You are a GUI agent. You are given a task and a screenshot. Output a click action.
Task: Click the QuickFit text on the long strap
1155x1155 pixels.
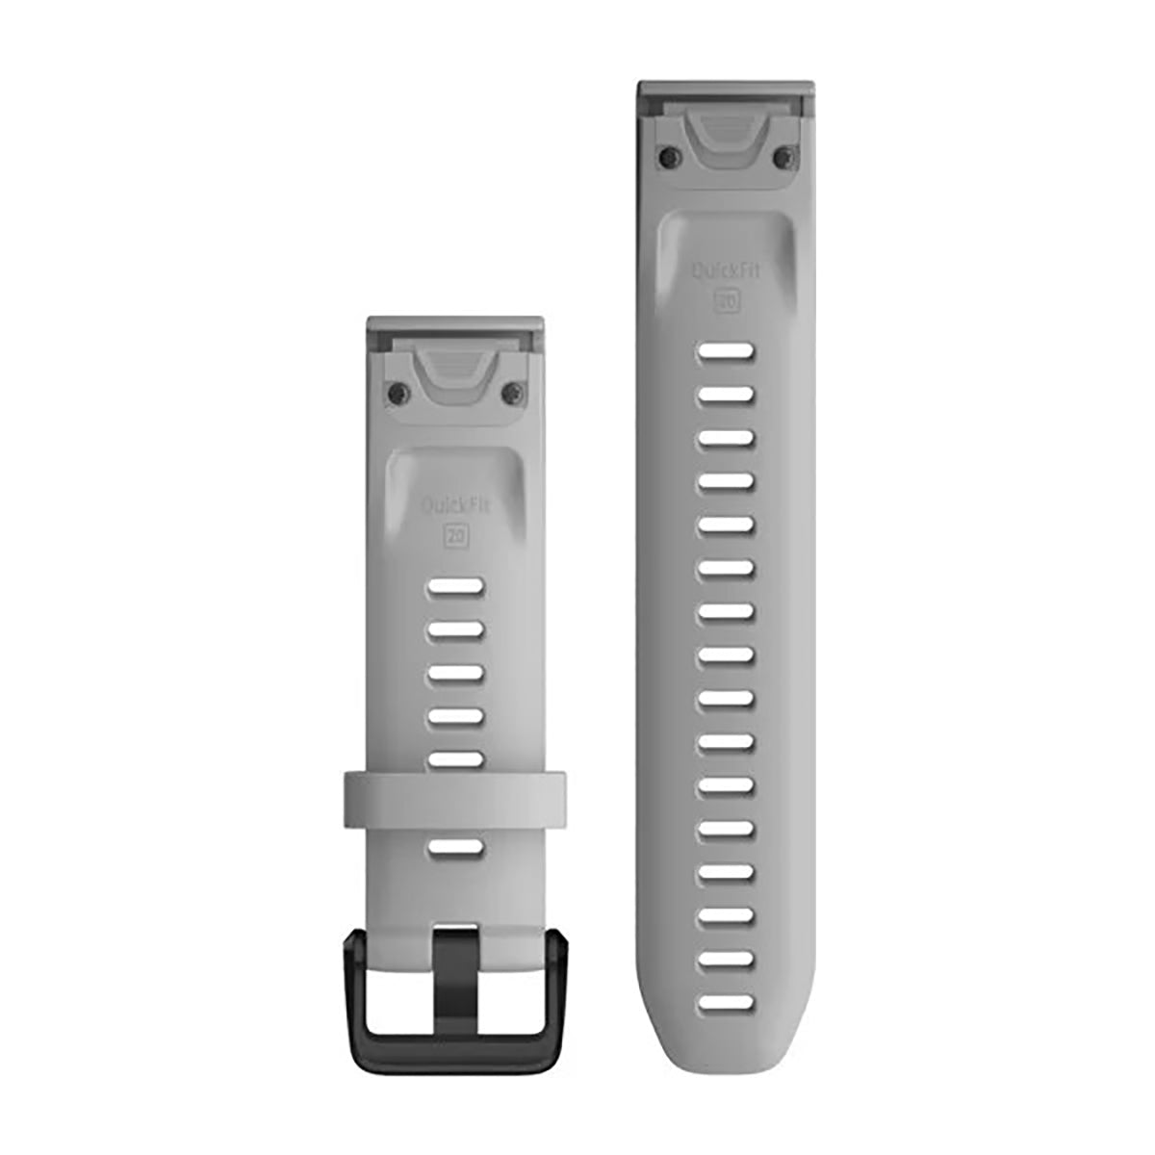coord(727,271)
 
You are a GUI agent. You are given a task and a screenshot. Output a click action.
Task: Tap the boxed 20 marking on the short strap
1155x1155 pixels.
coord(454,536)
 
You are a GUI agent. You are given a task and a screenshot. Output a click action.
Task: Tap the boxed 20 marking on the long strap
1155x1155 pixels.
coord(727,301)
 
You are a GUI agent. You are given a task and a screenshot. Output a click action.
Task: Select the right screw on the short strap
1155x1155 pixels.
coord(514,390)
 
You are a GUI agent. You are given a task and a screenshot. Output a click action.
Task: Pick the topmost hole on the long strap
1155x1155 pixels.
coord(727,352)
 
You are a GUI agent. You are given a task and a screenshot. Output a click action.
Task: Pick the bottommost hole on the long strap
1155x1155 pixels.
coord(727,1003)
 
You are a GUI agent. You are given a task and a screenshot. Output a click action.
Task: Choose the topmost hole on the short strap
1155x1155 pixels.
coord(454,586)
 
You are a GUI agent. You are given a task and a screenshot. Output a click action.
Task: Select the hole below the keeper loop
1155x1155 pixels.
coord(454,847)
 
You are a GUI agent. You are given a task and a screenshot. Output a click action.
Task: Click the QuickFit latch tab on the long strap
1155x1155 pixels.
coord(727,135)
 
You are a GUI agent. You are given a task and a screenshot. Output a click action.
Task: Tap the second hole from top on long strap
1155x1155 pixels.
coord(727,395)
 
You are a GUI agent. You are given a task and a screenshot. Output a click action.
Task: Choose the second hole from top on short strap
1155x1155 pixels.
coord(454,629)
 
